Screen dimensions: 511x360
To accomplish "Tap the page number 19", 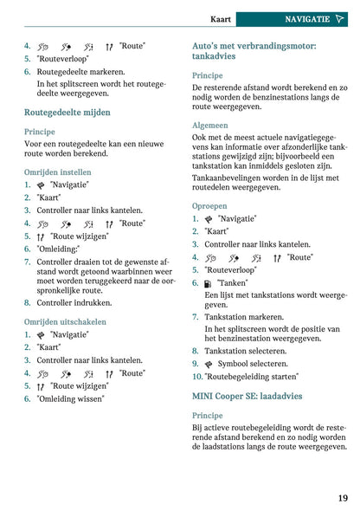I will [x=343, y=497].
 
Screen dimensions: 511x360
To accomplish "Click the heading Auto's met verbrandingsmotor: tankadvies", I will [x=253, y=51].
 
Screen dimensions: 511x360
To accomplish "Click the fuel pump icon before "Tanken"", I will [x=208, y=283].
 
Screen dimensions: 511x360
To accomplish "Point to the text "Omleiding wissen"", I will [x=70, y=398].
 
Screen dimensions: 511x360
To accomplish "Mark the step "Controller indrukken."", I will [x=74, y=303].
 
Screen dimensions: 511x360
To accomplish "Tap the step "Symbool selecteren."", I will [x=251, y=364].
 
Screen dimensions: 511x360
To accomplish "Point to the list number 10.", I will [x=197, y=377].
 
